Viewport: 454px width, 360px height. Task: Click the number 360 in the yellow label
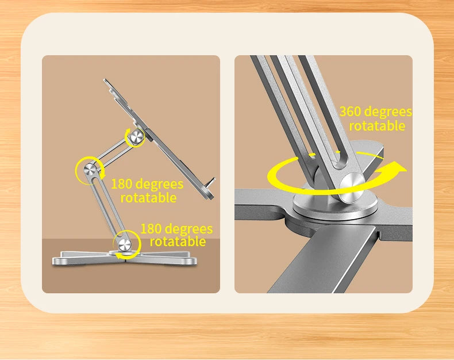coord(351,112)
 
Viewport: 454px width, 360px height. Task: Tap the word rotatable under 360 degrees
coord(377,126)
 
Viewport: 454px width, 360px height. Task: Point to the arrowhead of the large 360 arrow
coord(398,168)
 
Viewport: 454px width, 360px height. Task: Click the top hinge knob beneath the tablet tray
coord(137,137)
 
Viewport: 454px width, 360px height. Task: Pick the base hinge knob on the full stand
coord(124,243)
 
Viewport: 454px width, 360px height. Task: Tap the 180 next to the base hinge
coord(152,229)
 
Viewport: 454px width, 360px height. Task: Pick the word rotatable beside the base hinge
coord(178,242)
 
